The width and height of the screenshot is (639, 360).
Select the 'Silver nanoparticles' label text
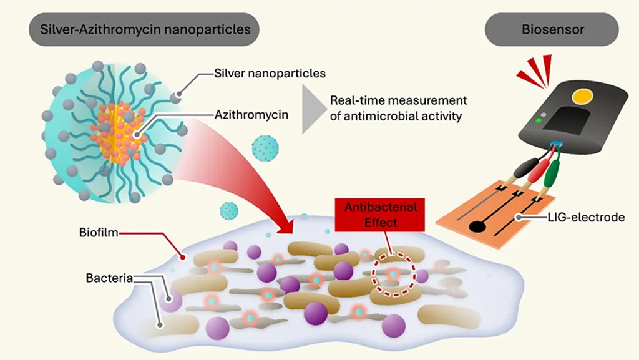(270, 74)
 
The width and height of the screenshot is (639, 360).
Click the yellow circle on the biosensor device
(583, 97)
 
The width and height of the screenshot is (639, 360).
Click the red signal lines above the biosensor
(535, 70)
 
